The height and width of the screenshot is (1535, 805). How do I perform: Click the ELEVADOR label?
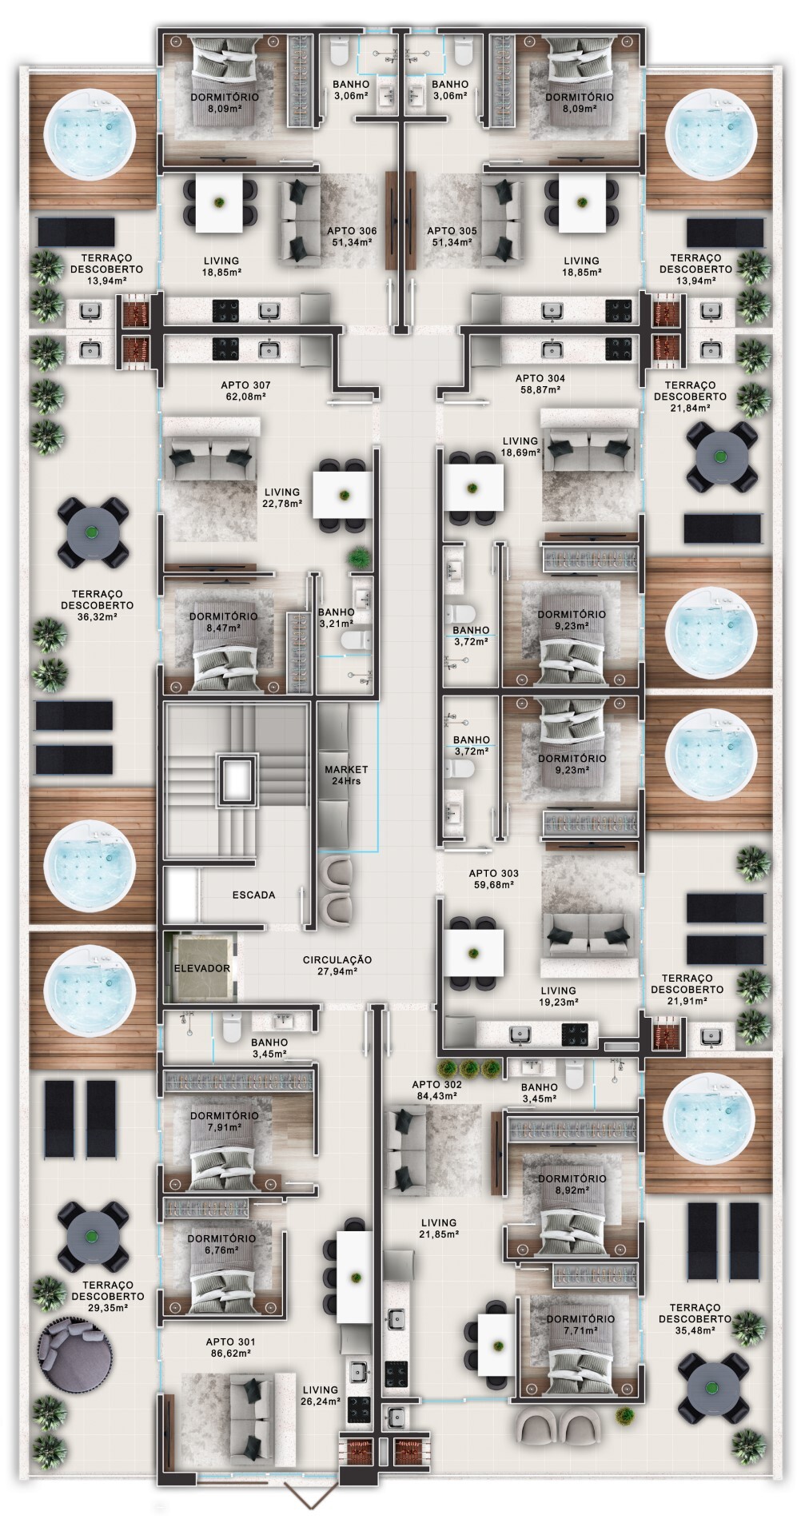(202, 968)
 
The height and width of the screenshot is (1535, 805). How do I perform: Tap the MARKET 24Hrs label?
(346, 775)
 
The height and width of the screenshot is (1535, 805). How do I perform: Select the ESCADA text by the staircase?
(253, 895)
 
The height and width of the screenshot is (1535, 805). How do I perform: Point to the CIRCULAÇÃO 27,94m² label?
(337, 965)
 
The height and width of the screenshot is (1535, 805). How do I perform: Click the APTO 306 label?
(352, 237)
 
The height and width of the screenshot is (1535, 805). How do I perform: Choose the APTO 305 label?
(452, 237)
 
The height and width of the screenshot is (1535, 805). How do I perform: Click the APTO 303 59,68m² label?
(493, 879)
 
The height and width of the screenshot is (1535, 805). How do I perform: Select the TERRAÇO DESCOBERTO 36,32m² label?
(97, 600)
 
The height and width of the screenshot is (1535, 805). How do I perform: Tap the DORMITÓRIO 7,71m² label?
(581, 1324)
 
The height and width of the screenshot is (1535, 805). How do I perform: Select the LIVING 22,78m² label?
(281, 498)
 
